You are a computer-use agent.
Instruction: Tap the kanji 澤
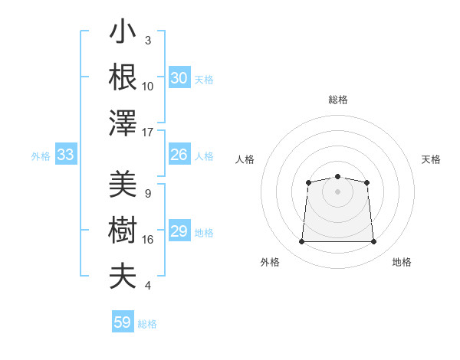[x=123, y=123]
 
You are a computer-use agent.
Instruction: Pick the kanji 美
[x=123, y=185]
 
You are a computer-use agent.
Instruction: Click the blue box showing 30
[x=179, y=78]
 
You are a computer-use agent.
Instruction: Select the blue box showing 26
[x=179, y=155]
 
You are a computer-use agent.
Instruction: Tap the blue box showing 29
[x=179, y=231]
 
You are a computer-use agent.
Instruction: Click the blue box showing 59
[x=123, y=322]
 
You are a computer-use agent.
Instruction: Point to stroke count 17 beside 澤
[x=148, y=133]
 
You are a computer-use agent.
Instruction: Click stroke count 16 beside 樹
[x=148, y=240]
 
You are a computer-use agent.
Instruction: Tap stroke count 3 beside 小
[x=147, y=40]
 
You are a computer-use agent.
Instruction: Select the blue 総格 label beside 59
[x=147, y=324]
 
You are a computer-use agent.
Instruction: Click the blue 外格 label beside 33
[x=41, y=156]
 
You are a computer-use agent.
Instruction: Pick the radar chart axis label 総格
[x=337, y=100]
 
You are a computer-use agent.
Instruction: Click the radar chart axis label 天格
[x=432, y=159]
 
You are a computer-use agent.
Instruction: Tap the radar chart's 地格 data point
[x=374, y=242]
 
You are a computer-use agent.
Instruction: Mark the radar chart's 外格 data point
[x=301, y=242]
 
